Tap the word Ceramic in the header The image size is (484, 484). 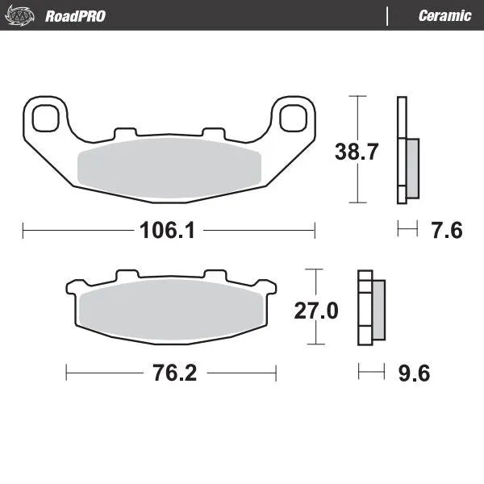pyautogui.click(x=444, y=15)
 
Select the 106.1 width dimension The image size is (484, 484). pyautogui.click(x=169, y=231)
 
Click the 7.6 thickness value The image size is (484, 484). pyautogui.click(x=445, y=231)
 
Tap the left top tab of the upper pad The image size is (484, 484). pyautogui.click(x=125, y=131)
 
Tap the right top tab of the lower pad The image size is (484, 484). pyautogui.click(x=215, y=276)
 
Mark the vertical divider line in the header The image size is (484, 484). pyautogui.click(x=388, y=15)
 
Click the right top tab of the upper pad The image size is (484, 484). pyautogui.click(x=212, y=131)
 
